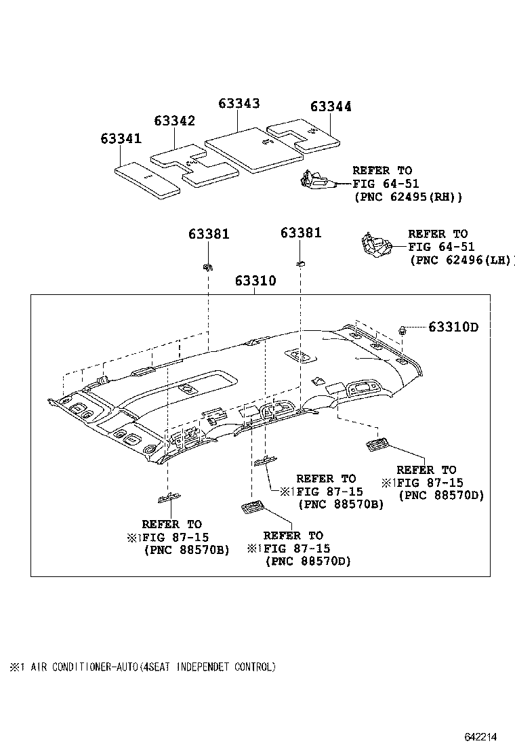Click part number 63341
[121, 138]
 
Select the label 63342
[174, 121]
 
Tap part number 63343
[239, 103]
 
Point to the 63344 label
[331, 106]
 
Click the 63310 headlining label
[255, 281]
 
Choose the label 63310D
[453, 328]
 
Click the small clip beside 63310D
[403, 330]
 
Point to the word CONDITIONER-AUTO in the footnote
[82, 667]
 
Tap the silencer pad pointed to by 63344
[305, 134]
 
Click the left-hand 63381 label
[209, 234]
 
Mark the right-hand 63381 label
[301, 233]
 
